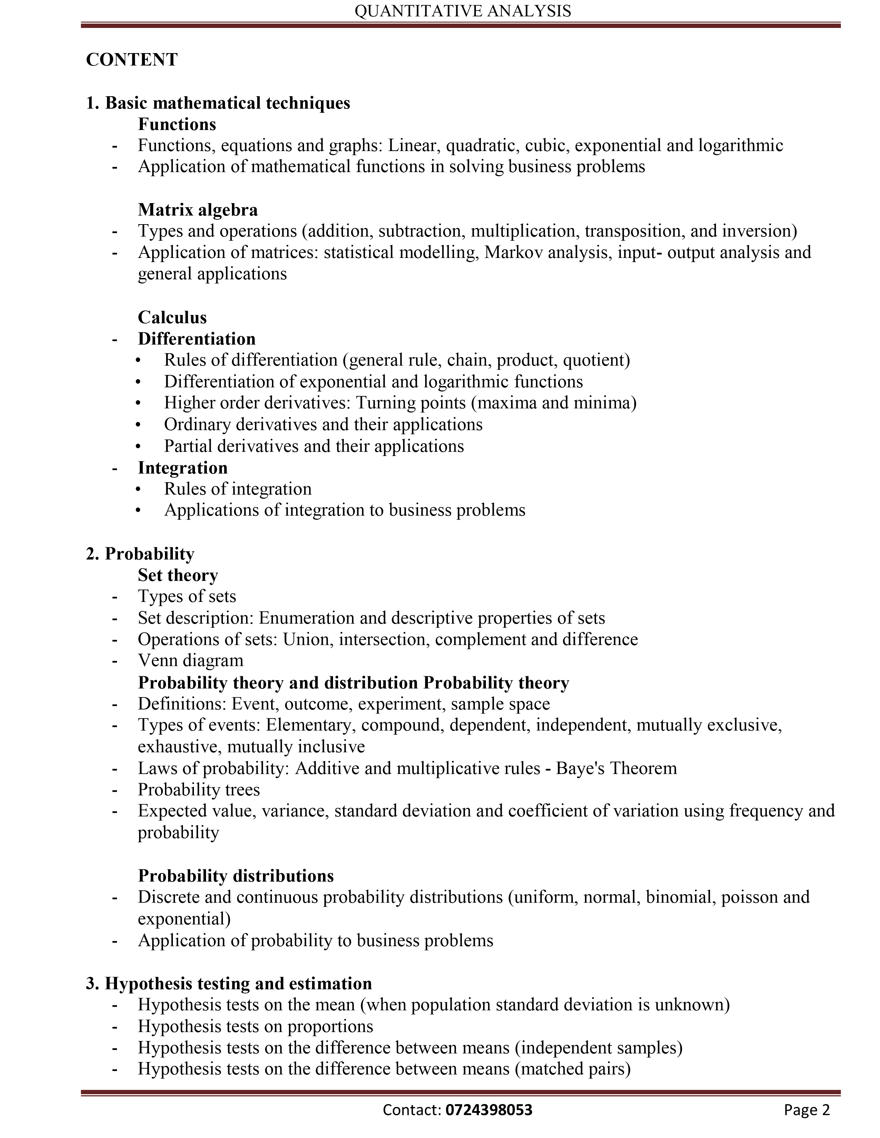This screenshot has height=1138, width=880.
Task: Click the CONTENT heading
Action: coord(131,60)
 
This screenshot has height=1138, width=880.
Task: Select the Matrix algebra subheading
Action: coord(198,209)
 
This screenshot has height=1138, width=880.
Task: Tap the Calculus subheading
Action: coord(172,317)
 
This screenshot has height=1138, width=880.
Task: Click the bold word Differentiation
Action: coord(197,339)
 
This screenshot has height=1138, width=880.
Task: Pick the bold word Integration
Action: coord(183,467)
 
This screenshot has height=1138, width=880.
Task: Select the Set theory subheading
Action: coord(178,575)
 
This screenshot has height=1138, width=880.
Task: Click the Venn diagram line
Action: coord(190,660)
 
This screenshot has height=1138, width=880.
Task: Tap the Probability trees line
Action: coord(199,789)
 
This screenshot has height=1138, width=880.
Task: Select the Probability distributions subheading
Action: coord(236,875)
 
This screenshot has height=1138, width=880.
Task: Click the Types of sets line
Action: coord(187,596)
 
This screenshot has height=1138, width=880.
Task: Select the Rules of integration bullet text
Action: coord(238,489)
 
